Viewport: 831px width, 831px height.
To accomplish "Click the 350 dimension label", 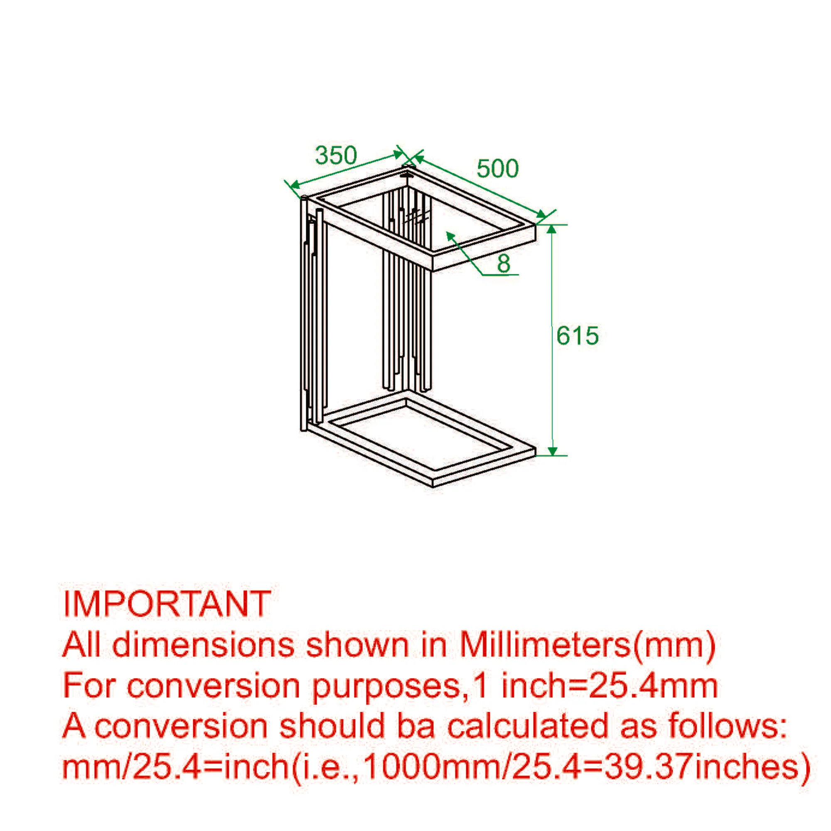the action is pos(336,155).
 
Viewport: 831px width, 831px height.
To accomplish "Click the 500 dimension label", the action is pos(498,168).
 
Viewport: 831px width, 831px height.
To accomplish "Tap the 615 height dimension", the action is pos(578,335).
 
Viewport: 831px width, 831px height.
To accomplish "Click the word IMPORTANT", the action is pos(167,604).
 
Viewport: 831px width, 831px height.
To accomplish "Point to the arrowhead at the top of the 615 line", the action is pos(552,230).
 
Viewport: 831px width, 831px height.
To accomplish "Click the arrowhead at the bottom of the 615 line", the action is pos(552,450).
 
